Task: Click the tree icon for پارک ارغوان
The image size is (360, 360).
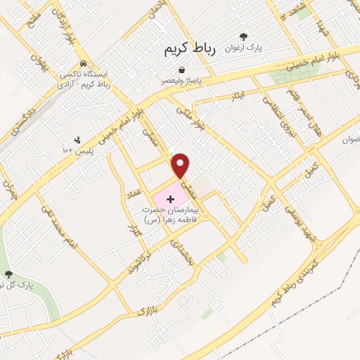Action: click(243, 37)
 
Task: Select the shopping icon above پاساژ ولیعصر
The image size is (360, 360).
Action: click(182, 71)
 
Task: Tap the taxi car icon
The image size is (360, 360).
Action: click(84, 61)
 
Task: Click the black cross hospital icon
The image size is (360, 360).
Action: click(170, 200)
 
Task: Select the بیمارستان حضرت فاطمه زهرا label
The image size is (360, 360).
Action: click(171, 214)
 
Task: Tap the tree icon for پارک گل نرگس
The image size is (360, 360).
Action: click(8, 274)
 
